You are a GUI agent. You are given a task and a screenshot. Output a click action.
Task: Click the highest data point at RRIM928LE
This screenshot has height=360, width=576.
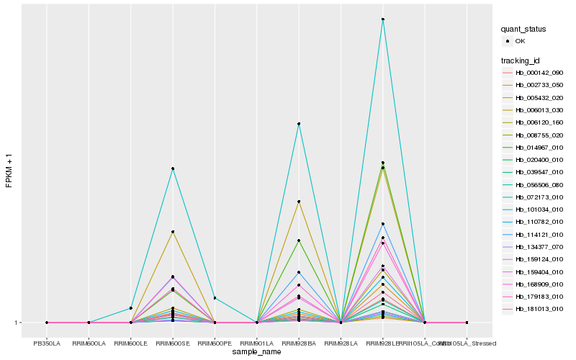[383, 19]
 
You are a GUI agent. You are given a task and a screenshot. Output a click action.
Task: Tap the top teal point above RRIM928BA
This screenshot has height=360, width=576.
[299, 124]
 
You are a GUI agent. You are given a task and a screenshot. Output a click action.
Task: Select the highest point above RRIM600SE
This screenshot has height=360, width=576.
[173, 168]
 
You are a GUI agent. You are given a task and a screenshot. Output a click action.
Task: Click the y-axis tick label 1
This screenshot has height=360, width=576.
[17, 323]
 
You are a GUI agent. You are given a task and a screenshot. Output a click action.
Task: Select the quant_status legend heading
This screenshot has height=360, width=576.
[524, 29]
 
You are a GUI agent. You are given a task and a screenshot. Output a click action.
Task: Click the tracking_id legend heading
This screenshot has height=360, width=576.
[521, 60]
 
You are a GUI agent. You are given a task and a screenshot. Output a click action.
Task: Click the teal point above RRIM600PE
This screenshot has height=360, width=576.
[215, 298]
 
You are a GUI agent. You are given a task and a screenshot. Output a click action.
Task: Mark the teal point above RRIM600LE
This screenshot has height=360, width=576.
[131, 308]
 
